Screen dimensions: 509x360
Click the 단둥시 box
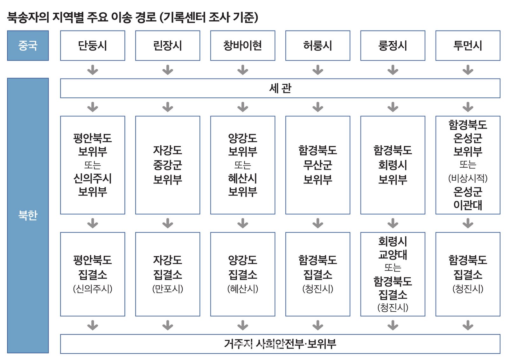point(93,45)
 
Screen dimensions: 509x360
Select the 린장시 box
point(168,45)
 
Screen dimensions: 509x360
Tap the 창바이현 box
point(243,45)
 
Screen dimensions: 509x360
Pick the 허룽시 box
point(318,45)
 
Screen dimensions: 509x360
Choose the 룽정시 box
point(393,45)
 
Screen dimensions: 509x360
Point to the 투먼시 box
point(468,45)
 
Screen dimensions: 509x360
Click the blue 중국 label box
point(28,45)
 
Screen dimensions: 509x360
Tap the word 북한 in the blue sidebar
point(28,215)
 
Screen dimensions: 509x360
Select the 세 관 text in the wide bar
point(280,88)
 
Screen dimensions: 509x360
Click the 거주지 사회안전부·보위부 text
point(280,344)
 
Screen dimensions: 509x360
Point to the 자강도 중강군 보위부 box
point(168,165)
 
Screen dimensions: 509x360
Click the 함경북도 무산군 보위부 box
point(318,165)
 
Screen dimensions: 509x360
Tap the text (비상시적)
point(468,178)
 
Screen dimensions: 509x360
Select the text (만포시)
point(168,289)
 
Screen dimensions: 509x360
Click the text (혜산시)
point(243,289)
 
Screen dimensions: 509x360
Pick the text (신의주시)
point(93,289)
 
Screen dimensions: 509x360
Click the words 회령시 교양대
point(393,248)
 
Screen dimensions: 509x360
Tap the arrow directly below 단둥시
point(93,70)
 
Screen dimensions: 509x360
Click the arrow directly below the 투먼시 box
point(468,70)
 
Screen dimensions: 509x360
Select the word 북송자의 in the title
point(28,17)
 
